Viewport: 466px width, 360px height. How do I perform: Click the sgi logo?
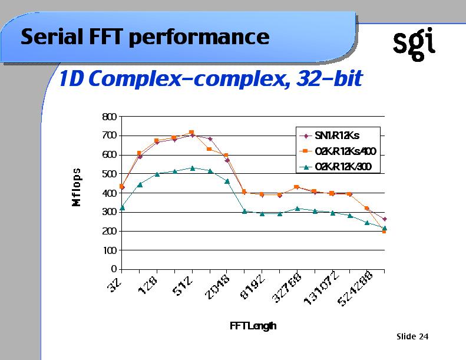pyautogui.click(x=414, y=43)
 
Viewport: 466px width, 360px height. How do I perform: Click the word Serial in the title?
pyautogui.click(x=47, y=37)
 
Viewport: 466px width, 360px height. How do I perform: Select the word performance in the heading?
pyautogui.click(x=198, y=38)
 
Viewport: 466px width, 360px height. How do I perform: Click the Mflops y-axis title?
pyautogui.click(x=77, y=186)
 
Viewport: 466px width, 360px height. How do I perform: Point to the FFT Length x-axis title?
pyautogui.click(x=253, y=326)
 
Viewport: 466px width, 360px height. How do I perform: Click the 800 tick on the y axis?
pyautogui.click(x=110, y=117)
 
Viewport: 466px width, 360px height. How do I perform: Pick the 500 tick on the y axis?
pyautogui.click(x=110, y=174)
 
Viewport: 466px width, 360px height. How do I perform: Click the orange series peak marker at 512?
pyautogui.click(x=191, y=133)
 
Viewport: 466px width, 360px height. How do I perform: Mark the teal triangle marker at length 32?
pyautogui.click(x=122, y=207)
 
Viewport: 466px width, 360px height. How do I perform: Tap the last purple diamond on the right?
pyautogui.click(x=384, y=219)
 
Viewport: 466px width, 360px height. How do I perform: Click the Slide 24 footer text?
pyautogui.click(x=412, y=336)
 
